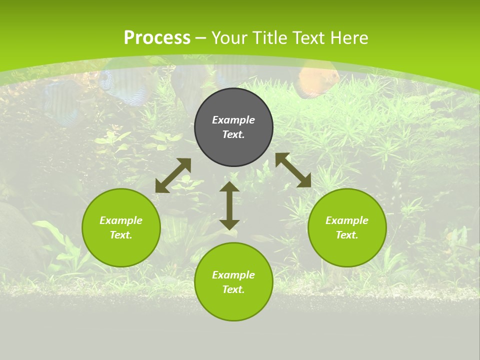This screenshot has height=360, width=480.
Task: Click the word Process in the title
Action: click(157, 37)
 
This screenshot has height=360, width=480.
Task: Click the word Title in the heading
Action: click(269, 38)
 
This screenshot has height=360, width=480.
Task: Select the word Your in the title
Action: click(229, 38)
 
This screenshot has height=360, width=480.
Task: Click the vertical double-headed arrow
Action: click(229, 205)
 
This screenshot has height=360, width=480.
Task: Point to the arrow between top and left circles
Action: click(173, 175)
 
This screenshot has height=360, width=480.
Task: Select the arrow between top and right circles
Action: click(293, 170)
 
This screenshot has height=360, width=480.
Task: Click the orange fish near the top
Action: click(318, 80)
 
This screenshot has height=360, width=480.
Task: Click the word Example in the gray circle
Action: click(233, 120)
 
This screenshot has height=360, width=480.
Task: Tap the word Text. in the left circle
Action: click(121, 235)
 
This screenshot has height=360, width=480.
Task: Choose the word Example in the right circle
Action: click(347, 220)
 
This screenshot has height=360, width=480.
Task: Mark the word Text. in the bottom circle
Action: click(233, 289)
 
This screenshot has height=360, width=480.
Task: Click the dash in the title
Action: click(201, 38)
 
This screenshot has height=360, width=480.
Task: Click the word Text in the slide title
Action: click(305, 38)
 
